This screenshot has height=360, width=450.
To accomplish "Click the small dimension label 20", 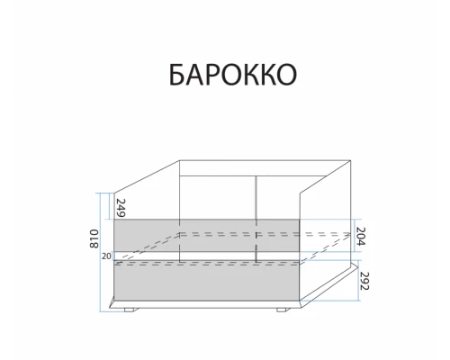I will tap(106, 256).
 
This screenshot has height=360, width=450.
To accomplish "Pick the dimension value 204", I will tap(363, 237).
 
